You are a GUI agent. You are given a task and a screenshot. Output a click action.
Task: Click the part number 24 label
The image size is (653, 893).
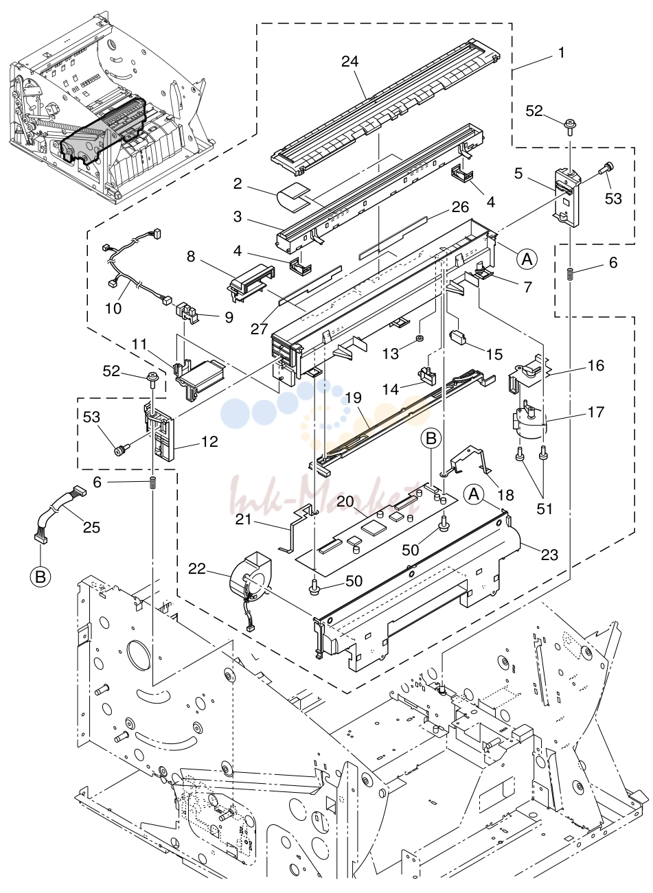[350, 61]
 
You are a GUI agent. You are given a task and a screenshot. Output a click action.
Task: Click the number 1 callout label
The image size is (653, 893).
[561, 53]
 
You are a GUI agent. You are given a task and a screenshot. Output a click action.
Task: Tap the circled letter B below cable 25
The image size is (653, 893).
[41, 577]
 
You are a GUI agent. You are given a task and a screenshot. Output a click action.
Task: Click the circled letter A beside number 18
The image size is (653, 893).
[474, 495]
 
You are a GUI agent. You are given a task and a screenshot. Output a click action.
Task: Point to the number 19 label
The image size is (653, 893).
[354, 397]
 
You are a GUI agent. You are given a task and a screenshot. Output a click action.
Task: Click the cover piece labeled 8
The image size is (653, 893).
[252, 281]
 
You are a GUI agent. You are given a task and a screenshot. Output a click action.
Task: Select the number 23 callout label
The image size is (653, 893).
[549, 554]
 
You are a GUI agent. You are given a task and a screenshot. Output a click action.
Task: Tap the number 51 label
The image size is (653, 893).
[545, 509]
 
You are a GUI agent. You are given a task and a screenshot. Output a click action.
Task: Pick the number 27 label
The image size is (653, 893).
[260, 329]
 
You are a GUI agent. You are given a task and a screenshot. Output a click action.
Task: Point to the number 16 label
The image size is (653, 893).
[596, 365]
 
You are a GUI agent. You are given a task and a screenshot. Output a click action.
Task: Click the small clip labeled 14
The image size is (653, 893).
[426, 375]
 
